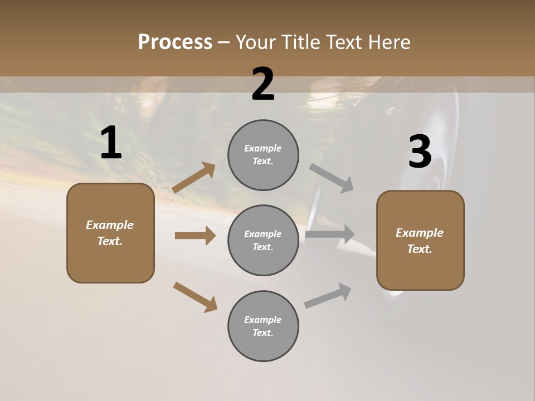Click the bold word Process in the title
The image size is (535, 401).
pos(175,42)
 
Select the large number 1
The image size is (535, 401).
pos(111,143)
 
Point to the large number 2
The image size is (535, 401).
pos(263,85)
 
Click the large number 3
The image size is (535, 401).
pos(420,152)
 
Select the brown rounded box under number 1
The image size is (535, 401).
pos(110,233)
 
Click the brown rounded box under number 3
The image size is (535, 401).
pos(420,241)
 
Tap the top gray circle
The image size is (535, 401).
pos(263,155)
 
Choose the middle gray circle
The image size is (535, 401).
pos(263,241)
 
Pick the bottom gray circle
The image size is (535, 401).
pos(263,326)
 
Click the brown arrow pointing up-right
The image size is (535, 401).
pos(194,178)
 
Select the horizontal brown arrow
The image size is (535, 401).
pos(195,236)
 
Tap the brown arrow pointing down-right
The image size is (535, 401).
pos(195,297)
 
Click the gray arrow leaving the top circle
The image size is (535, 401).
pos(332,178)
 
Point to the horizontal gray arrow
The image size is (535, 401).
pos(330,234)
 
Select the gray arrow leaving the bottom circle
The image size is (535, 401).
pos(328,296)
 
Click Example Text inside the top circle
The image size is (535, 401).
pos(263,155)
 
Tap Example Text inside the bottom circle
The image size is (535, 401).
pos(263,326)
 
